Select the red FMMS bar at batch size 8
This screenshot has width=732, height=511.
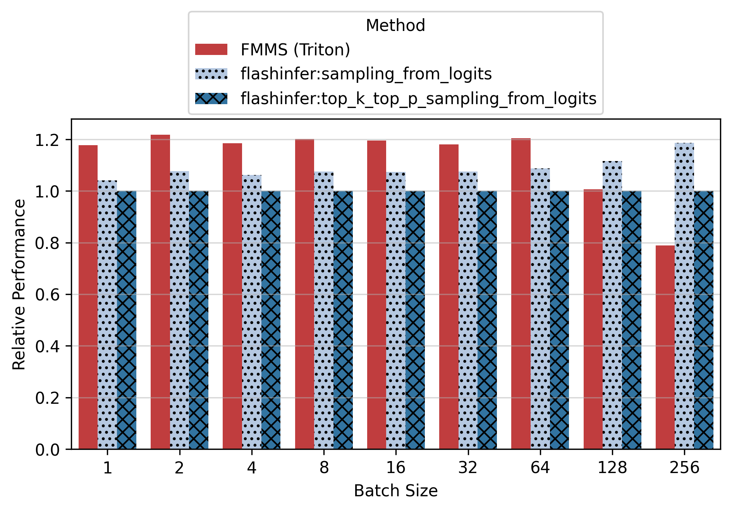(304, 294)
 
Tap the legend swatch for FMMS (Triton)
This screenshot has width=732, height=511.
(211, 50)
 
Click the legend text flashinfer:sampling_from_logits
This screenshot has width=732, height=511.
(366, 74)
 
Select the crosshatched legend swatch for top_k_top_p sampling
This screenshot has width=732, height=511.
(211, 98)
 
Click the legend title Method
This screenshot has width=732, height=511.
(395, 26)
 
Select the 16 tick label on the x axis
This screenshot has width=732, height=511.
(395, 468)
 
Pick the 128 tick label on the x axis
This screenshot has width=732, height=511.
(612, 468)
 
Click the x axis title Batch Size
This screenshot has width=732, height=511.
(395, 491)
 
